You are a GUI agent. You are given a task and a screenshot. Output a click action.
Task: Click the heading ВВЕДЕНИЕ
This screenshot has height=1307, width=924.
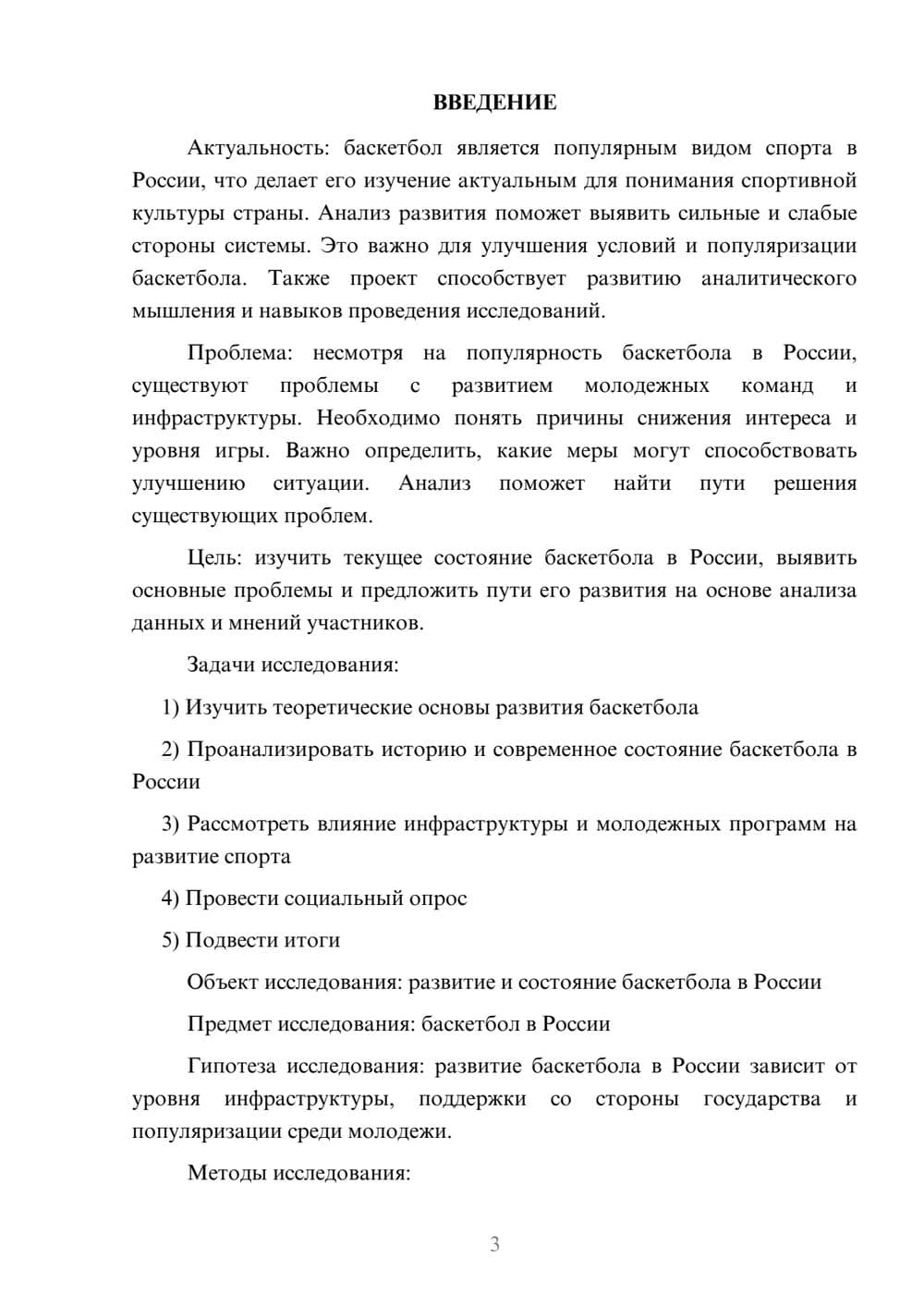(494, 103)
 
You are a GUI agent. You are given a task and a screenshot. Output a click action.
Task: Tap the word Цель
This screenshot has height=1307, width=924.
(215, 558)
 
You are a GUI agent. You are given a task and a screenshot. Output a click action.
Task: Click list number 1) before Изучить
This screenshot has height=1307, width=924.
(171, 708)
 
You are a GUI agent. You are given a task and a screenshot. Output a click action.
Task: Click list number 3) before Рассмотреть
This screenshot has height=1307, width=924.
(171, 824)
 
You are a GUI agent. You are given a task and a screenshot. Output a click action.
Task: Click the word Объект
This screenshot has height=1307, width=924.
(223, 983)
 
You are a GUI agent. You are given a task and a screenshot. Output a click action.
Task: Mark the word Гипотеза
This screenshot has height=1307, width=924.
(231, 1066)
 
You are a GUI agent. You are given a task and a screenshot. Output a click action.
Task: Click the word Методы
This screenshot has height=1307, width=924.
(225, 1173)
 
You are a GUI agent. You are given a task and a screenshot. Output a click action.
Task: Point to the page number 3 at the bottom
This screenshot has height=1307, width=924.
(494, 1244)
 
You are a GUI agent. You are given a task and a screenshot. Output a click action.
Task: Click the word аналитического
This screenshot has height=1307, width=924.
(778, 279)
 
